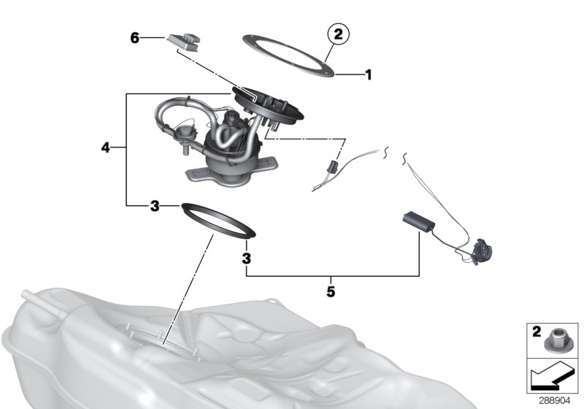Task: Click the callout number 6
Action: point(135,37)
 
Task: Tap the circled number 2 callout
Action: point(338,33)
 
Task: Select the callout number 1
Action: point(369,74)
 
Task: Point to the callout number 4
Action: point(106,148)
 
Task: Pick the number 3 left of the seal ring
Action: point(155,207)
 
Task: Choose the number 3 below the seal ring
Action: point(247,259)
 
